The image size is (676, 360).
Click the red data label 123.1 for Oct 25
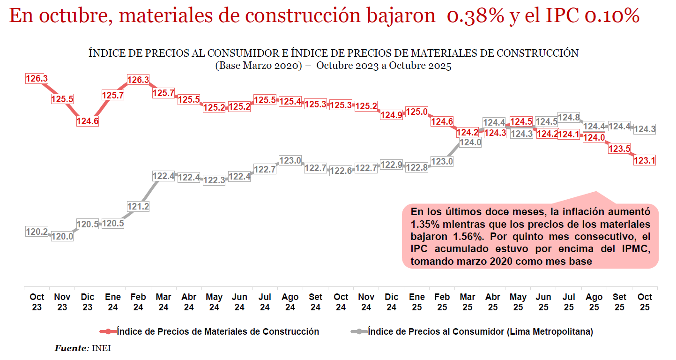pos(644,160)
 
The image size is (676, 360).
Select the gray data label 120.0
pos(62,237)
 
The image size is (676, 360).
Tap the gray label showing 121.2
pos(138,206)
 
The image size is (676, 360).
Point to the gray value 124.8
pos(569,117)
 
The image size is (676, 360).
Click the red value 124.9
pos(391,115)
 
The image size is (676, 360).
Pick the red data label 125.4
pos(290,101)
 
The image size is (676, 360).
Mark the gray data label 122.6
pos(341,171)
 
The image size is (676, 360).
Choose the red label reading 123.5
pos(619,149)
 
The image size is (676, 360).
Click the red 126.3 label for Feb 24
pos(138,80)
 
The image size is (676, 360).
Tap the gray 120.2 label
pos(37,231)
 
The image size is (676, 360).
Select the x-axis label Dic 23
pos(88,302)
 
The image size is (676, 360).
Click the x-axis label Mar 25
pos(467,302)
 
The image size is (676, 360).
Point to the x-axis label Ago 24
pos(290,302)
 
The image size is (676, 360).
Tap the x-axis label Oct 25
pos(645,302)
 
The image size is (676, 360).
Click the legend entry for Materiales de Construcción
pos(217,332)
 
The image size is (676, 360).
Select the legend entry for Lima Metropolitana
pos(480,332)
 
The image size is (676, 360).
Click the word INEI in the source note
pos(101,348)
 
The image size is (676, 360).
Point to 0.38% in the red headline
pos(475,16)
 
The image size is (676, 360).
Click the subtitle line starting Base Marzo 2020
pos(333,66)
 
